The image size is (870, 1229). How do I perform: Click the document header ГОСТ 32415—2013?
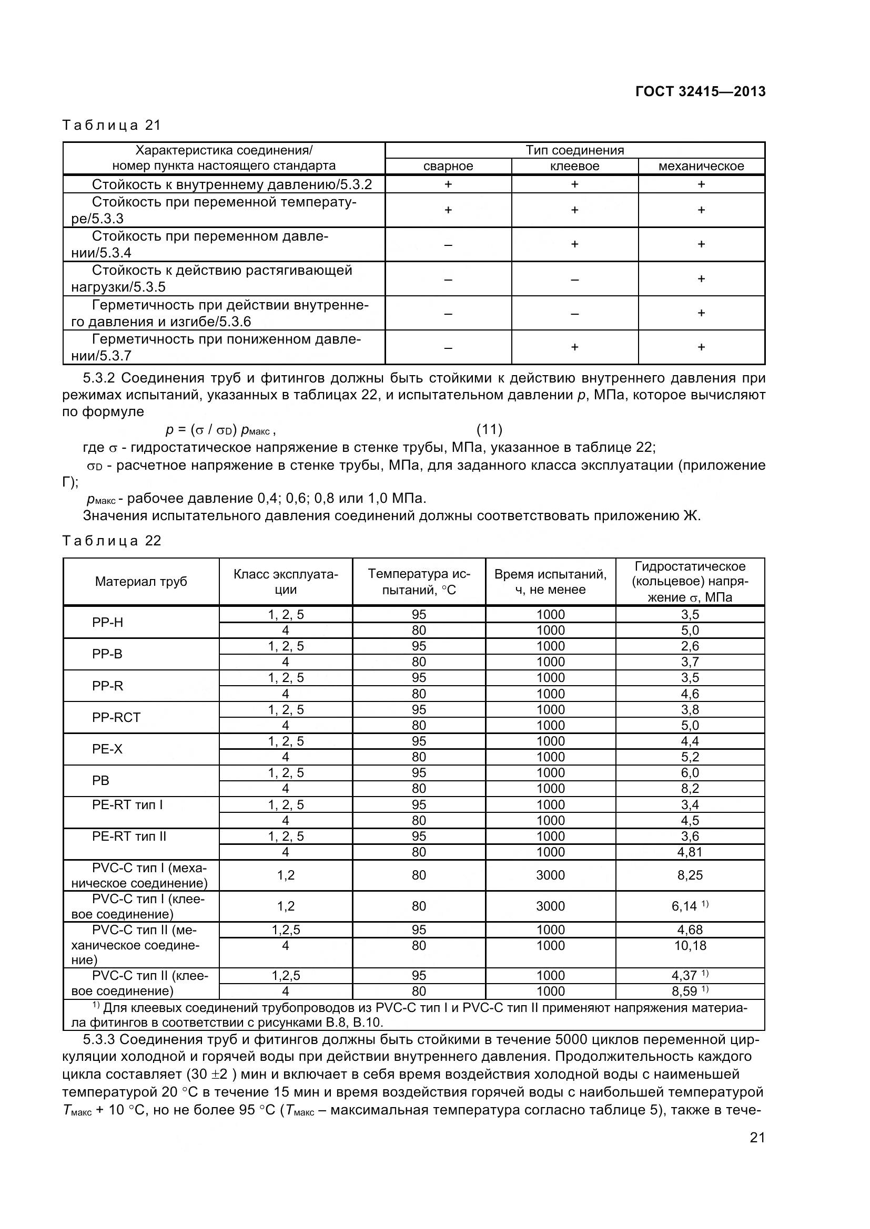click(x=700, y=91)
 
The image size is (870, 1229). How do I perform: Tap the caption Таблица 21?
click(x=112, y=125)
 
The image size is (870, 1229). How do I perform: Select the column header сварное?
click(x=448, y=166)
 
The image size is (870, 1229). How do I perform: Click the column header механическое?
click(x=701, y=166)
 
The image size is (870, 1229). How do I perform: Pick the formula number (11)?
click(x=489, y=429)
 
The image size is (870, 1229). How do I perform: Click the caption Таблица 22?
click(x=112, y=541)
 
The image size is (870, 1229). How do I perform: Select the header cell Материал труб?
click(x=141, y=581)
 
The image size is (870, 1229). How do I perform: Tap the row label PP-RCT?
click(x=116, y=717)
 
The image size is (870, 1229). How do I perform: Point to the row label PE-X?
click(x=107, y=749)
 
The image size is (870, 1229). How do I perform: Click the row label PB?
click(x=100, y=780)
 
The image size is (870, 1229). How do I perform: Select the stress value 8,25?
click(x=690, y=875)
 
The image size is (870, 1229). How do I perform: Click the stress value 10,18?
click(x=690, y=945)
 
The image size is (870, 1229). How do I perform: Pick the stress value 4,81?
click(x=690, y=852)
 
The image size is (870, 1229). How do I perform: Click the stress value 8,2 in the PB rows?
click(x=690, y=789)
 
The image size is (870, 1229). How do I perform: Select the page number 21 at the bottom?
click(x=757, y=1152)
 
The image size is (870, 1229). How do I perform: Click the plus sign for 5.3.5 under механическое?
click(x=701, y=278)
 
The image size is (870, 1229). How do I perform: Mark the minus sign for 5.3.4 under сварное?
click(x=448, y=245)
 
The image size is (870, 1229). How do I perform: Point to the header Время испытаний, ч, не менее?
click(x=550, y=581)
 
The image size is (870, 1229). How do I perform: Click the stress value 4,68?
click(x=690, y=930)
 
